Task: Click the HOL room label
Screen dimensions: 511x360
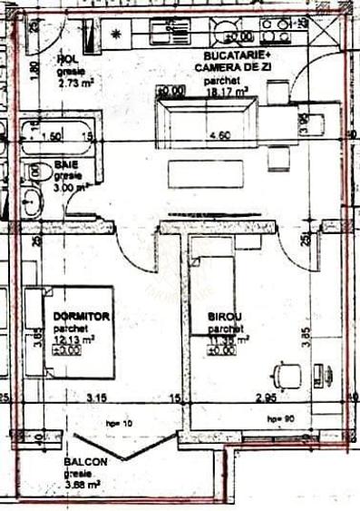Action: coord(68,60)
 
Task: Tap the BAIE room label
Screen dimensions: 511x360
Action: coord(63,165)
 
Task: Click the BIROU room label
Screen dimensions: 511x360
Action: coord(224,319)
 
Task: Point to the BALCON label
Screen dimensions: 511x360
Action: coord(86,462)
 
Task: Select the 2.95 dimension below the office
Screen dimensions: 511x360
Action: coord(266,398)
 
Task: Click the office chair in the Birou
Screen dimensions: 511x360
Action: coord(286,373)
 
